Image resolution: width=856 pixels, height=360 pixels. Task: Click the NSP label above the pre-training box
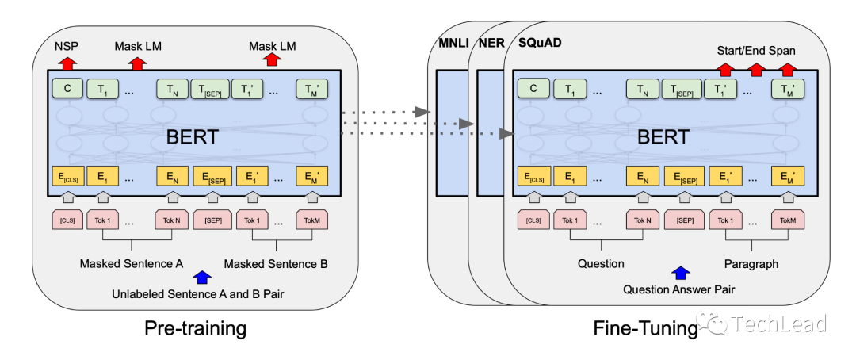[x=66, y=47]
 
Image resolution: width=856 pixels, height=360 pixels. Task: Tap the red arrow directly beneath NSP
[x=66, y=63]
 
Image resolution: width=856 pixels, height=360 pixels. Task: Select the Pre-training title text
[x=196, y=328]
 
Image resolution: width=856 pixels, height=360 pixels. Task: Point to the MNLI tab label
[x=453, y=43]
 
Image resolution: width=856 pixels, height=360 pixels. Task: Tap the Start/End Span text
[x=756, y=51]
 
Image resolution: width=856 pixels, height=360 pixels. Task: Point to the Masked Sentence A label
[x=131, y=264]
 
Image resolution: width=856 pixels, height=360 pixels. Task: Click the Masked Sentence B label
[x=276, y=264]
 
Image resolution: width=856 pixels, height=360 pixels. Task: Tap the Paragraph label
[x=751, y=264]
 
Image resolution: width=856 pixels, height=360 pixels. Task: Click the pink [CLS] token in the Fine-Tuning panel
[x=533, y=220]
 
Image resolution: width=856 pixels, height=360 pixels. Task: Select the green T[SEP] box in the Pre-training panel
[x=209, y=89]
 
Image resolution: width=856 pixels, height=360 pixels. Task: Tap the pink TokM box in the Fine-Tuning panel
[x=788, y=220]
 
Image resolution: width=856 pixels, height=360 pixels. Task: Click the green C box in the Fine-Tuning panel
[x=533, y=88]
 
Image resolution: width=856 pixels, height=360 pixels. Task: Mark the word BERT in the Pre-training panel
[x=192, y=136]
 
